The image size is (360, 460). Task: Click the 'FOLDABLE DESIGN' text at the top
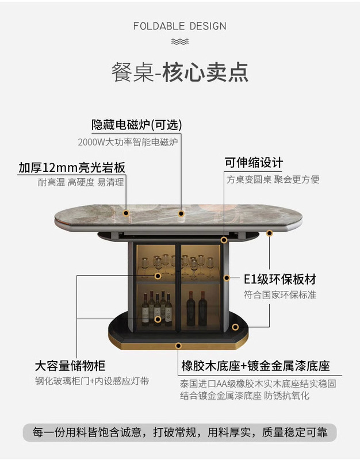(x=179, y=26)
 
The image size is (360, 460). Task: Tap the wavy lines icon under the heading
(x=179, y=41)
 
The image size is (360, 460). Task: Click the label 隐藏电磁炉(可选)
(x=137, y=125)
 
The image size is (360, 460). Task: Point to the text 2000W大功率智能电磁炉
(x=128, y=141)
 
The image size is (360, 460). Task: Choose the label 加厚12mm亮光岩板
(x=72, y=167)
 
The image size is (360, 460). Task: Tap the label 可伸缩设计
(x=253, y=163)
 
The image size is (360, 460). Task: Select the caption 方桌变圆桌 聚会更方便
(x=273, y=179)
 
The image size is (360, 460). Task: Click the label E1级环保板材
(x=279, y=279)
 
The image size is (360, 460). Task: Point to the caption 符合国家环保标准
(x=279, y=295)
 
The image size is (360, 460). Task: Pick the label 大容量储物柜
(x=70, y=366)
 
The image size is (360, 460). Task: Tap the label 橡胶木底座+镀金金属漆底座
(x=255, y=366)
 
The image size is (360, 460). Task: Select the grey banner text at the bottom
(x=179, y=432)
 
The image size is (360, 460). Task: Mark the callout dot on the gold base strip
(x=178, y=346)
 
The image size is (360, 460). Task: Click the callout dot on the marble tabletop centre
(x=181, y=213)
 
